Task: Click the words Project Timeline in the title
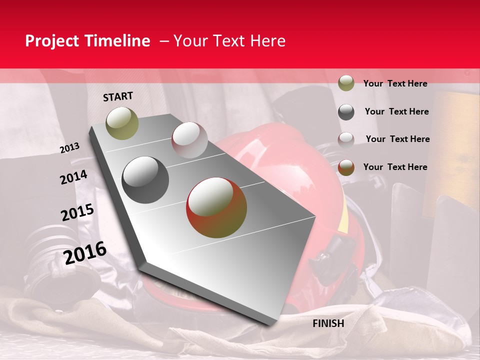(x=87, y=41)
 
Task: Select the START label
(x=118, y=96)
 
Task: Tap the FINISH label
(x=328, y=323)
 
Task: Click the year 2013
(x=70, y=148)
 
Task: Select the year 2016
(x=85, y=253)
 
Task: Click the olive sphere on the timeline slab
(x=122, y=123)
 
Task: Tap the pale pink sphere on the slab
(x=189, y=140)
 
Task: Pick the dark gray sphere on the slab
(x=145, y=179)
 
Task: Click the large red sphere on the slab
(x=216, y=207)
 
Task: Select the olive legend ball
(x=346, y=83)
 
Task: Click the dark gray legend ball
(x=346, y=112)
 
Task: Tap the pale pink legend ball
(x=346, y=139)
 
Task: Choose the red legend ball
(x=346, y=167)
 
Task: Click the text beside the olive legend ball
(x=395, y=83)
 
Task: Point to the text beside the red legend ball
(x=395, y=167)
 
